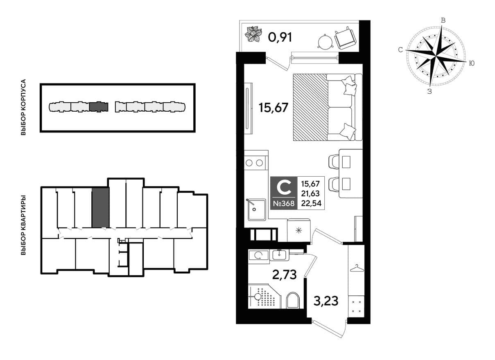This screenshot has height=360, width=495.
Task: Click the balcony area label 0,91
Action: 280,37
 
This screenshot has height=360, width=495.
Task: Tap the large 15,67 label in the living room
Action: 273,108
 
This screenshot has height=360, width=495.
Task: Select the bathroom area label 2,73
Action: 284,275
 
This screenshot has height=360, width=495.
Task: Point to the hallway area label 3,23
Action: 326,301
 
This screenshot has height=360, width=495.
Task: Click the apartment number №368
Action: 284,203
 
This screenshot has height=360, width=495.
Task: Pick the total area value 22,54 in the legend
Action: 311,203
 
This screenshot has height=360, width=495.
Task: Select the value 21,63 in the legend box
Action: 310,193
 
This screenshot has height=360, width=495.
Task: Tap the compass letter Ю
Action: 471,63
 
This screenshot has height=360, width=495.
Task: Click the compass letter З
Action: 429,92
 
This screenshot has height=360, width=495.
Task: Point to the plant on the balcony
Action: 253,34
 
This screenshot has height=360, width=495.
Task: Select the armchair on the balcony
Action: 346,38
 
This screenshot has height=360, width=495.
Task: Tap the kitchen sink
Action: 256,209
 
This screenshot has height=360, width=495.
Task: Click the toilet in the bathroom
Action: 292,301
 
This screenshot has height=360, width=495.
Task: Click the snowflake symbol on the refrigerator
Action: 299,231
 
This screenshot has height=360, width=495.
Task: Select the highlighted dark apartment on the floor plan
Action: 101,207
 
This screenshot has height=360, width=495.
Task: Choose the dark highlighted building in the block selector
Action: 99,107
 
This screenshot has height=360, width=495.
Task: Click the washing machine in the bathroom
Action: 258,255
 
